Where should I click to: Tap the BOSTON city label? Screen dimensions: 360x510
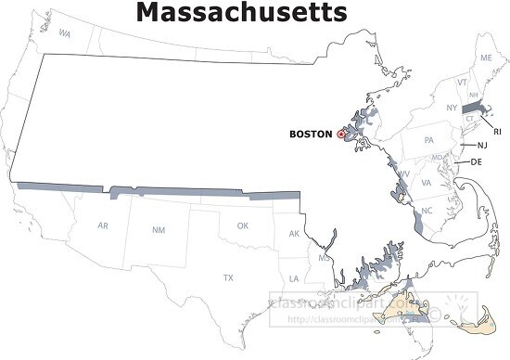tap(311, 135)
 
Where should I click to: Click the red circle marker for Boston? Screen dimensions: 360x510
tap(341, 135)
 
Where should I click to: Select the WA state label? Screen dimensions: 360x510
tap(65, 33)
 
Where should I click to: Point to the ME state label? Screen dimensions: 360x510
tap(486, 58)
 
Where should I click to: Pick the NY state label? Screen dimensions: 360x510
tap(452, 109)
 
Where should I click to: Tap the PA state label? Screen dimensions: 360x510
tap(428, 140)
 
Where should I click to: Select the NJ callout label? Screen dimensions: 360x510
tap(482, 146)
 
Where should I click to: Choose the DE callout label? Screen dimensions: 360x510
tap(477, 162)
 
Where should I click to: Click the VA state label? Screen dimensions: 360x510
tap(427, 183)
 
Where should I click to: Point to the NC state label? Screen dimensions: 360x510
tap(427, 212)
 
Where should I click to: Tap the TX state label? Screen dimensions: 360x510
tap(228, 277)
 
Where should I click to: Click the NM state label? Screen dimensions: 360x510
tap(159, 229)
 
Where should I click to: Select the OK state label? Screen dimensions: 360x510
tap(243, 225)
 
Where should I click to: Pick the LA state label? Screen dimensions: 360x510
tap(294, 278)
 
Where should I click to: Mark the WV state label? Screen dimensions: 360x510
tap(404, 174)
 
